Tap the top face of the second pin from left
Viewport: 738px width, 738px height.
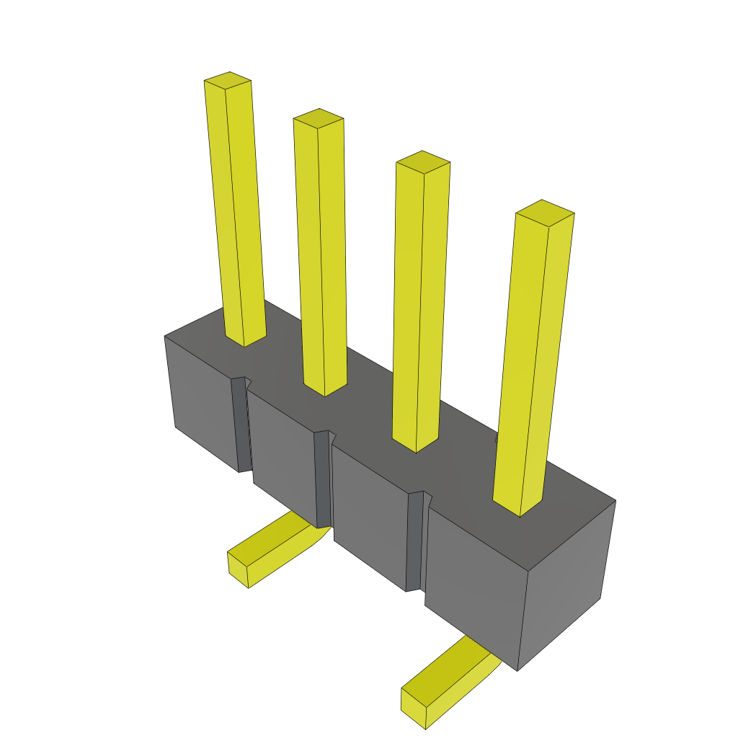(x=319, y=118)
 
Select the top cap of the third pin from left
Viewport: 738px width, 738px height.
(x=423, y=162)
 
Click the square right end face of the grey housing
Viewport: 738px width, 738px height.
(x=566, y=584)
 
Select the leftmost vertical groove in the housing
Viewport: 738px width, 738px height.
(x=241, y=425)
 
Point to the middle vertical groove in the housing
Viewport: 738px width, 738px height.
(x=323, y=479)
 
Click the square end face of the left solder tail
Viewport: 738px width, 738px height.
(x=238, y=569)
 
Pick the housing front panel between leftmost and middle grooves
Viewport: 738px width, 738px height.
(x=283, y=454)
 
